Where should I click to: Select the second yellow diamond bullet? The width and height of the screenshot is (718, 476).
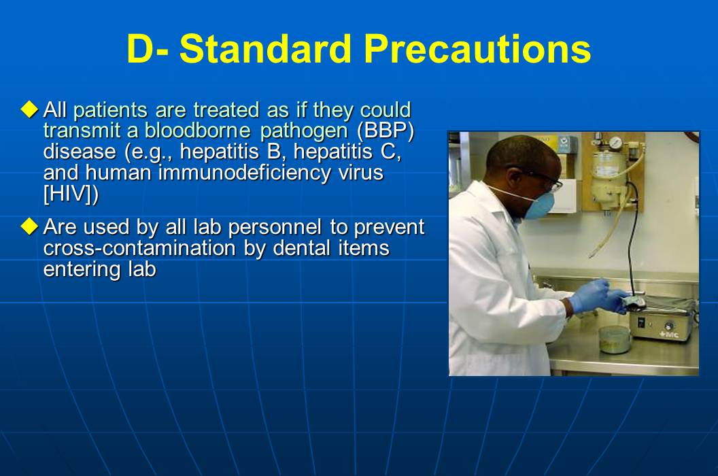pyautogui.click(x=29, y=225)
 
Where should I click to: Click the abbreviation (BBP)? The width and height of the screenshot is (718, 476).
pyautogui.click(x=385, y=131)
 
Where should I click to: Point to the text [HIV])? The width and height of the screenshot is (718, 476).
pyautogui.click(x=71, y=194)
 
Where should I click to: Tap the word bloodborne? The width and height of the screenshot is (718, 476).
pyautogui.click(x=197, y=131)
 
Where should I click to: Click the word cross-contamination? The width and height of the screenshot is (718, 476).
pyautogui.click(x=141, y=248)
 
